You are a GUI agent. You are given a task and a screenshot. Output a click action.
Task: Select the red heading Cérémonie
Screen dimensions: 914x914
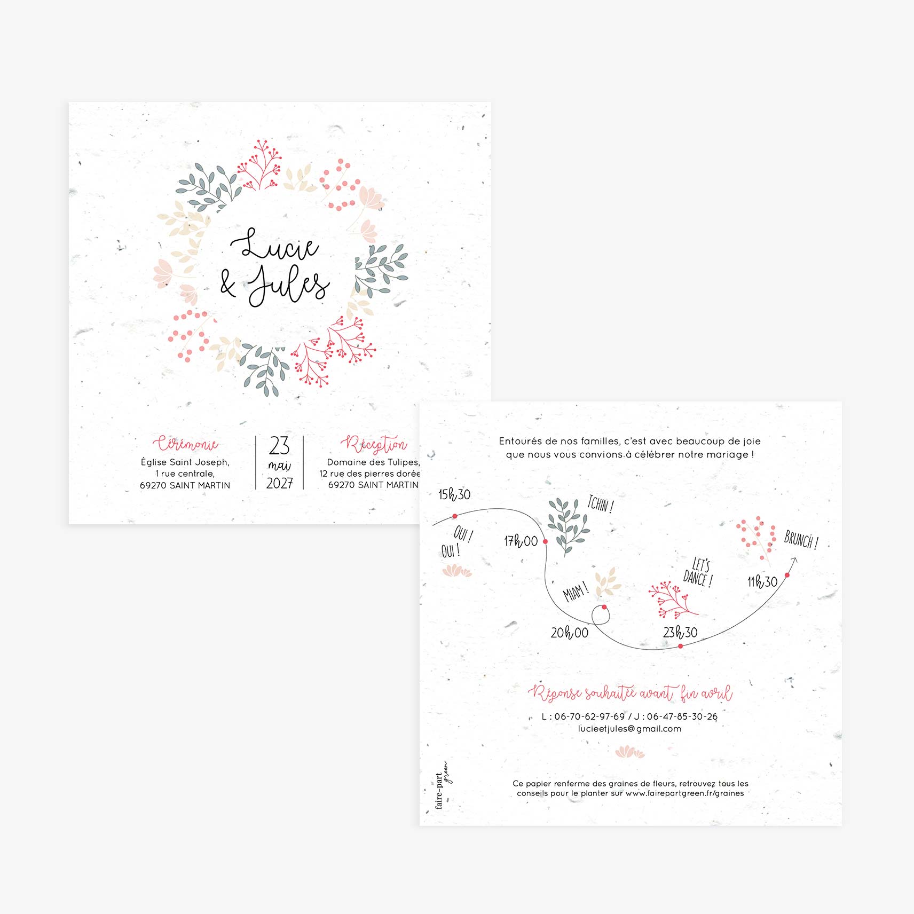[x=185, y=444]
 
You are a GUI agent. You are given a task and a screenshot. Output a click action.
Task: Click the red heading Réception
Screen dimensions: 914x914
[x=374, y=444]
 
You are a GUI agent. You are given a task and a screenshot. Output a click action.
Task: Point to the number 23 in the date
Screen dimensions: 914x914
[x=279, y=446]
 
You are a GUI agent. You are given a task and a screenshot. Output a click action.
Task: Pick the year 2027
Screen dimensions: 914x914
[x=279, y=483]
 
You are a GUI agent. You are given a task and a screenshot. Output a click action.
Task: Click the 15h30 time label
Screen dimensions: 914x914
[x=454, y=495]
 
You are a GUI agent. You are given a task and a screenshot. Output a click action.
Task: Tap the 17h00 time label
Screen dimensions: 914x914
[x=521, y=541]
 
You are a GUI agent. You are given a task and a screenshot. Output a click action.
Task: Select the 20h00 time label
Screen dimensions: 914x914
[x=569, y=633]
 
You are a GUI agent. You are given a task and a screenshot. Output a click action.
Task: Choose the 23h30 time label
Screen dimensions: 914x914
[x=680, y=633]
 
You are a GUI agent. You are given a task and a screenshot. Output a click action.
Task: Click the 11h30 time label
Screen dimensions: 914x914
[x=762, y=581]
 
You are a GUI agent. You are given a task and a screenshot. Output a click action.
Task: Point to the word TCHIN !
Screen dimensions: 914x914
[x=601, y=504]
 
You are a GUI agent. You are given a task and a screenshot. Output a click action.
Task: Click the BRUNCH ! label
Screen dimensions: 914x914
[x=801, y=539]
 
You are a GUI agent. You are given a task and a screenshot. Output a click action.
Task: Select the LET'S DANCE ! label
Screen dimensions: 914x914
[x=698, y=572]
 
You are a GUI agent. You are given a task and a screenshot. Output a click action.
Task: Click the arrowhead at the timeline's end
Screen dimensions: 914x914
[x=794, y=561]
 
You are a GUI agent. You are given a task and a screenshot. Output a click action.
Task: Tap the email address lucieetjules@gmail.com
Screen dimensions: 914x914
[x=629, y=729]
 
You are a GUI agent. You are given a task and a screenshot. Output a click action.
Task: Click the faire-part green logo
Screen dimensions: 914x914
[x=443, y=785]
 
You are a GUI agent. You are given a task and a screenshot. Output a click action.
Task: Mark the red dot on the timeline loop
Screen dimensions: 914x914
[x=604, y=607]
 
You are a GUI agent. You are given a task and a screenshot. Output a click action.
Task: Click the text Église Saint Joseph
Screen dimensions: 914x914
[x=185, y=462]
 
